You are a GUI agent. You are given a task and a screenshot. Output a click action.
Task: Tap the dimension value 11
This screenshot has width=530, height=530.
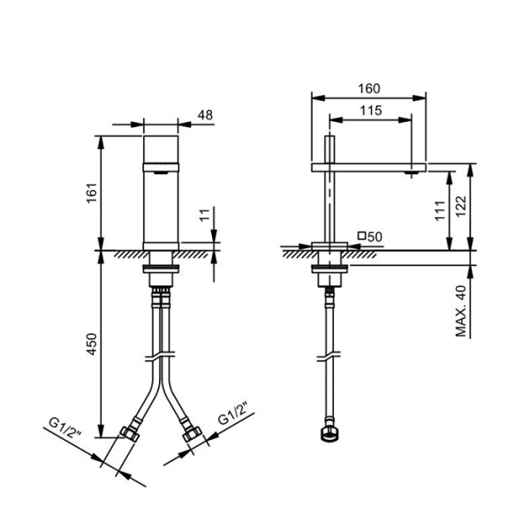[x=204, y=214]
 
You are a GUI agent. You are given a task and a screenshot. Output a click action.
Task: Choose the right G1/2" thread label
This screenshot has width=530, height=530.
[x=234, y=419]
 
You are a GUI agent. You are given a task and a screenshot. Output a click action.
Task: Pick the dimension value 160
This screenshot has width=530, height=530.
[x=369, y=87]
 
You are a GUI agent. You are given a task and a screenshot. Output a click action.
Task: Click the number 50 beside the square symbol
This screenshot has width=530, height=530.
[x=375, y=236]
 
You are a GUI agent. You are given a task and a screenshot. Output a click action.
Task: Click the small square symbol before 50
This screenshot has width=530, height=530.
[x=361, y=236]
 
